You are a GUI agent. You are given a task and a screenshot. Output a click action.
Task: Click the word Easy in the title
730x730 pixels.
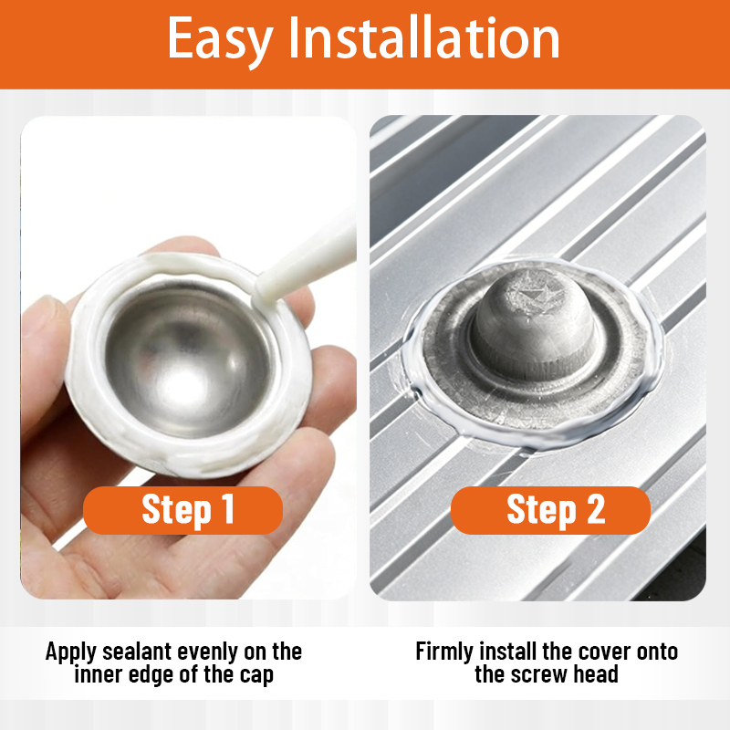tap(220, 40)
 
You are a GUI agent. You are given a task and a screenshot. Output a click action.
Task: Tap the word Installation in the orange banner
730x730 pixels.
tap(424, 37)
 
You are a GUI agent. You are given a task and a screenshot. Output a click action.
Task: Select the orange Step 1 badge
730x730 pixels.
tap(183, 510)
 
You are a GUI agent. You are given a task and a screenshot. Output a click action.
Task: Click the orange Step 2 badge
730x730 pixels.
tap(550, 510)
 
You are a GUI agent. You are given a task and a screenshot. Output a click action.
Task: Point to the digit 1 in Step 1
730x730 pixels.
tap(228, 508)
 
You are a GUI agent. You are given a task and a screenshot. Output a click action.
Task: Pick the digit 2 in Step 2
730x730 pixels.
tap(596, 508)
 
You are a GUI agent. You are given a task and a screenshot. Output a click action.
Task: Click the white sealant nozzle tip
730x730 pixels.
tap(267, 289)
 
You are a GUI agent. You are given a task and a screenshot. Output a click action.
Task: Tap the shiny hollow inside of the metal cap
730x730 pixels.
tap(187, 360)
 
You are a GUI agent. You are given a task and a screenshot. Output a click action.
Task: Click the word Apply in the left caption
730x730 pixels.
tap(71, 652)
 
